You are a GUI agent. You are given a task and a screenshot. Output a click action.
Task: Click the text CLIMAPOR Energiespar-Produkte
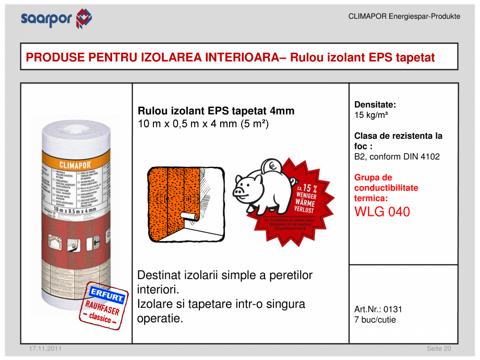(x=404, y=17)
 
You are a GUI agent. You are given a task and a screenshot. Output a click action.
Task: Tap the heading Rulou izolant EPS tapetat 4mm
(x=216, y=111)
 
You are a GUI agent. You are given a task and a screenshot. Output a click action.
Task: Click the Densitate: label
(x=375, y=104)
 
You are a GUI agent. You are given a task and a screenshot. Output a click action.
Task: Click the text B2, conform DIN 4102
(x=397, y=157)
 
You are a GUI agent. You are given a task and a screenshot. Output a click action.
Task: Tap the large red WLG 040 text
(x=382, y=212)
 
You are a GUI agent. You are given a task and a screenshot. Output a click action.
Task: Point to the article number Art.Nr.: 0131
(x=378, y=309)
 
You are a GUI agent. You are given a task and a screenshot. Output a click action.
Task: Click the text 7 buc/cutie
(x=375, y=320)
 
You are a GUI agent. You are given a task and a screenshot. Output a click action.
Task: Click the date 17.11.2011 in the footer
(x=44, y=349)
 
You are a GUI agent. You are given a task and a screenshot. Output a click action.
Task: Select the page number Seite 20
(x=439, y=349)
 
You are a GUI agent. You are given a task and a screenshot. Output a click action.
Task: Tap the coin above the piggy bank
(x=273, y=166)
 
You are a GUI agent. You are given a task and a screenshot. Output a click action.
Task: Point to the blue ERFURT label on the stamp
(x=106, y=295)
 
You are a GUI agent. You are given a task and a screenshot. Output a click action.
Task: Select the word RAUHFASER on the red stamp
(x=102, y=308)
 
